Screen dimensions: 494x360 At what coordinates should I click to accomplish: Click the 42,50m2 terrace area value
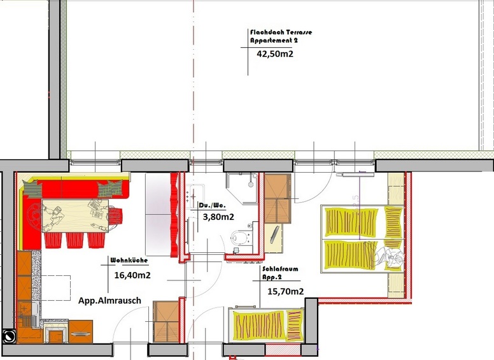point(275,54)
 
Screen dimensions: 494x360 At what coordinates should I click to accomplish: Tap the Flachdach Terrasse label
point(281,32)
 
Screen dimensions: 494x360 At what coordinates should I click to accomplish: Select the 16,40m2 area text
point(132,275)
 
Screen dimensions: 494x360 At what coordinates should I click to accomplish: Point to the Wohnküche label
point(129,261)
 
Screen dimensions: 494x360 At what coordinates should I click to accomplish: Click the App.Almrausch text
point(109,300)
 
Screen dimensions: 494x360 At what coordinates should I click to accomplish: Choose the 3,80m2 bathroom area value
point(218,217)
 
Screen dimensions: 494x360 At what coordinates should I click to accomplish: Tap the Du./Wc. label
point(213,206)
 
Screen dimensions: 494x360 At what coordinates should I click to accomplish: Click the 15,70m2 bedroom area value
point(285,291)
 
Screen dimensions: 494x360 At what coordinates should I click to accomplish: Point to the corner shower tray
point(242,189)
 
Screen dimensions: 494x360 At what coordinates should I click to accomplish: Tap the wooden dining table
point(75,215)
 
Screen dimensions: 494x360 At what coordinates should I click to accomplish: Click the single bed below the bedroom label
point(266,325)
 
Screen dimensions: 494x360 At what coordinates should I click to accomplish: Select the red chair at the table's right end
point(116,215)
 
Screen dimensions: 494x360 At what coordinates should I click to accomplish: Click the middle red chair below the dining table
point(74,240)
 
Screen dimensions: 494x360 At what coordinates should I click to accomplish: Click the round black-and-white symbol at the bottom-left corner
point(8,336)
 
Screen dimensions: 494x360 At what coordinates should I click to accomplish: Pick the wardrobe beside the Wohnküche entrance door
point(166,322)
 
